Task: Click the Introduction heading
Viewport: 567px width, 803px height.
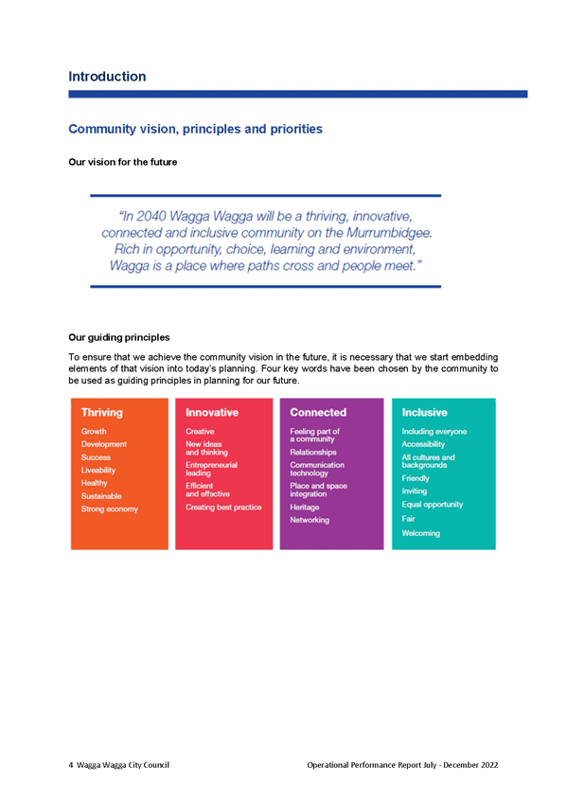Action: [107, 77]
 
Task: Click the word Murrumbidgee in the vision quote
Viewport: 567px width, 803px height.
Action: [388, 233]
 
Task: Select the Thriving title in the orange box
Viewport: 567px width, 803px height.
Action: [102, 412]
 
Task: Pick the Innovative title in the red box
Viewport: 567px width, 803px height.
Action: [212, 412]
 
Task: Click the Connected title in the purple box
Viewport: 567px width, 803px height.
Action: [318, 412]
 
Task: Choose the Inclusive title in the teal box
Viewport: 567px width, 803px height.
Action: [424, 412]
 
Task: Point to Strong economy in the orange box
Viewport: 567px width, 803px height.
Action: [110, 509]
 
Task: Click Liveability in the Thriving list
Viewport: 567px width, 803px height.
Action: [98, 470]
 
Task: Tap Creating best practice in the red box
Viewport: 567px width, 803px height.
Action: [223, 507]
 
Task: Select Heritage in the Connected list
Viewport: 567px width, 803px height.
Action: [305, 507]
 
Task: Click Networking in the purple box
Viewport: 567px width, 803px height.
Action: [310, 520]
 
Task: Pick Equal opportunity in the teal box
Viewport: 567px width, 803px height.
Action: [433, 505]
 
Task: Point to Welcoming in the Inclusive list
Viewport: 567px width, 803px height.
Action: [420, 533]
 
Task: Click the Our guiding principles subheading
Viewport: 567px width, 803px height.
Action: [119, 337]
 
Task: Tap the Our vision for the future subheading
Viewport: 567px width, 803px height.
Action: [123, 162]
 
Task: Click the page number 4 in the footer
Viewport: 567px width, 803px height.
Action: [71, 765]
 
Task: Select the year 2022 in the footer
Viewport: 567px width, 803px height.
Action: [489, 765]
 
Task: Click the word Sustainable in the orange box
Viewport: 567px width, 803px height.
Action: [101, 496]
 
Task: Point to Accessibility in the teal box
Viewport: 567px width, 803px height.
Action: [423, 444]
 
